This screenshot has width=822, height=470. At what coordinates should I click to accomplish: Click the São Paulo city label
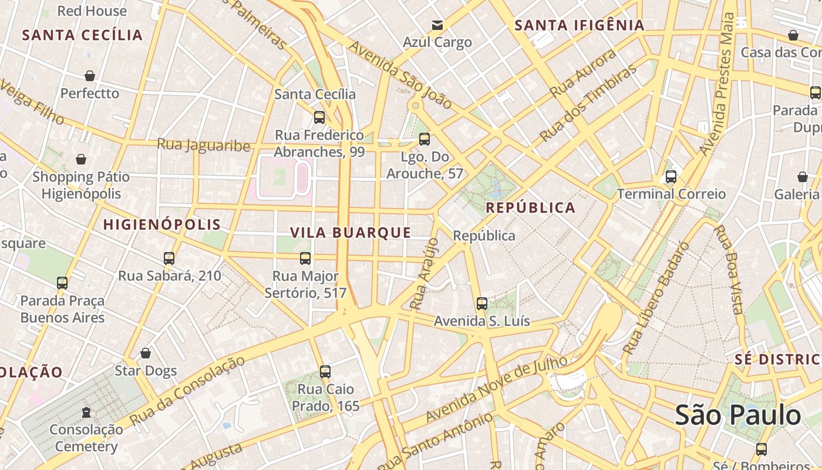click(737, 415)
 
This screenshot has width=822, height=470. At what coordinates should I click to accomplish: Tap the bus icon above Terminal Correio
click(671, 176)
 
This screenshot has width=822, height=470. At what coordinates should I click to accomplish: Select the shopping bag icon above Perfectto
click(90, 76)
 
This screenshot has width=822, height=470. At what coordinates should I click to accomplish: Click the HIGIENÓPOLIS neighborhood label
click(162, 224)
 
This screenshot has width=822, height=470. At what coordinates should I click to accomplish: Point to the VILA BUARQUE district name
click(351, 233)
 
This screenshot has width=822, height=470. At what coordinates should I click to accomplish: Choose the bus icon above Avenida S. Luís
click(482, 304)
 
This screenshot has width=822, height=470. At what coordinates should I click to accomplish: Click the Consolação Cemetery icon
click(86, 412)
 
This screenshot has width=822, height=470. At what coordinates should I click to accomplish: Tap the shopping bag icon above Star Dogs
click(146, 353)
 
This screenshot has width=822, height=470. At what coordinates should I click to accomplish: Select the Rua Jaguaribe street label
click(204, 145)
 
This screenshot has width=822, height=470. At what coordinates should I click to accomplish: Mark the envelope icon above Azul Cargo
click(437, 25)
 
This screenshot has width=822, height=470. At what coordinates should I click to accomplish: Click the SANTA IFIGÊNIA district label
click(580, 25)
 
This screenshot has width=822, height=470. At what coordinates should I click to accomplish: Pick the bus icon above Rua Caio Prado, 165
click(325, 371)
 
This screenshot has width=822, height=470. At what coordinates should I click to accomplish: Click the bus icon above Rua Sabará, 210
click(169, 258)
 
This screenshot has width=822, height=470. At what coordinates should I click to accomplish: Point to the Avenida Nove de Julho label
click(497, 388)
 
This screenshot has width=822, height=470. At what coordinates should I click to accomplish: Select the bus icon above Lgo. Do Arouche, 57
click(425, 139)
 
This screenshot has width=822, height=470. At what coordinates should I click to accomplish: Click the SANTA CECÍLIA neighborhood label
click(82, 35)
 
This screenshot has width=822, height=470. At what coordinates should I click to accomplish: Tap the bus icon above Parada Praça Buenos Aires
click(62, 283)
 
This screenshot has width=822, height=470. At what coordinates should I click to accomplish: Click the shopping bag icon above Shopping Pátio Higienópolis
click(81, 159)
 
